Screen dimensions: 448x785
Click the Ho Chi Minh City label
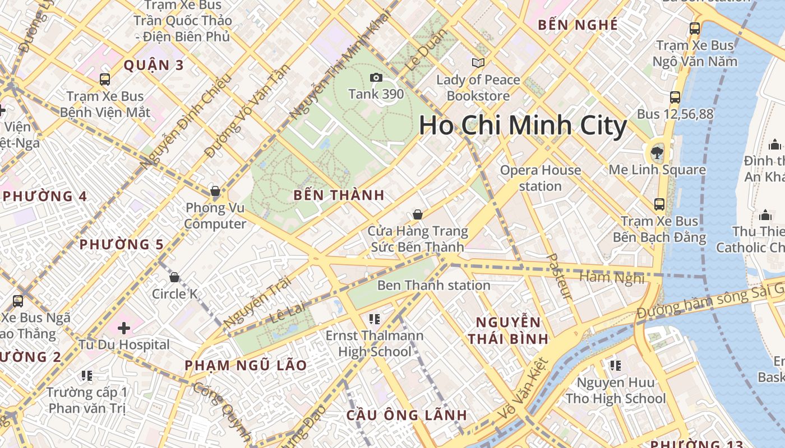coord(523,125)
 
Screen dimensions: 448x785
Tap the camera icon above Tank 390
coord(376,78)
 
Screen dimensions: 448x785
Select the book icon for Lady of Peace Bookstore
coord(478,63)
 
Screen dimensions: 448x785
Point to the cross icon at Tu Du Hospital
coord(124,328)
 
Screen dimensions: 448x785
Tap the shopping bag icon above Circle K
coord(174,277)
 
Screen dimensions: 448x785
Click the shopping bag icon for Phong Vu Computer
coord(215,191)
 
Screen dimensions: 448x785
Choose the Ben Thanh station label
coord(433,285)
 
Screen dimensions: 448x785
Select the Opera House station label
coord(540,178)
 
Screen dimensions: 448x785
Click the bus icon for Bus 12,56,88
coord(675,97)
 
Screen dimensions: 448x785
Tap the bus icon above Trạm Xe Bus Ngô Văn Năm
coord(695,28)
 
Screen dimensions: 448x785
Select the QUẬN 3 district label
coord(153,65)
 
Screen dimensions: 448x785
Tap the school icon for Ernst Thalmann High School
coord(375,319)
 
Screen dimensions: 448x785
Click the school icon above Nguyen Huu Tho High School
coord(616,366)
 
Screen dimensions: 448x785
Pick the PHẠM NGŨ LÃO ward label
coord(246,365)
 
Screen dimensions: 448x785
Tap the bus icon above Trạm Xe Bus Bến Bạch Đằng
coord(659,204)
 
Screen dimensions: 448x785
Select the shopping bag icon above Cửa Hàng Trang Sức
coord(417,214)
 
